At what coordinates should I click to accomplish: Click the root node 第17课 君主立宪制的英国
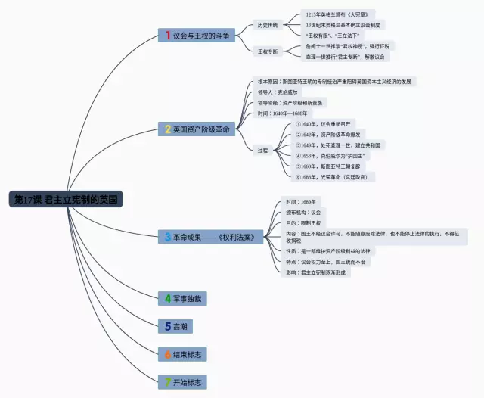coord(67,200)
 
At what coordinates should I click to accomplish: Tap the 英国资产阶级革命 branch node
coord(197,129)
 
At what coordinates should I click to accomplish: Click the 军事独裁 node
coord(182,298)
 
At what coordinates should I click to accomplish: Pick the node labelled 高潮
coord(175,326)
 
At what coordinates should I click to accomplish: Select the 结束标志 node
coord(182,353)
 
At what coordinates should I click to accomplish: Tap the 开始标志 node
coord(182,381)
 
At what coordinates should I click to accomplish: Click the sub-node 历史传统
coord(267,25)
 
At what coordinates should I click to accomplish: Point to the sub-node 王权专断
coord(267,51)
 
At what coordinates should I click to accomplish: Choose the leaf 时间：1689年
coord(300,201)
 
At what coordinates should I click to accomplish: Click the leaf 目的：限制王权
coord(302,222)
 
